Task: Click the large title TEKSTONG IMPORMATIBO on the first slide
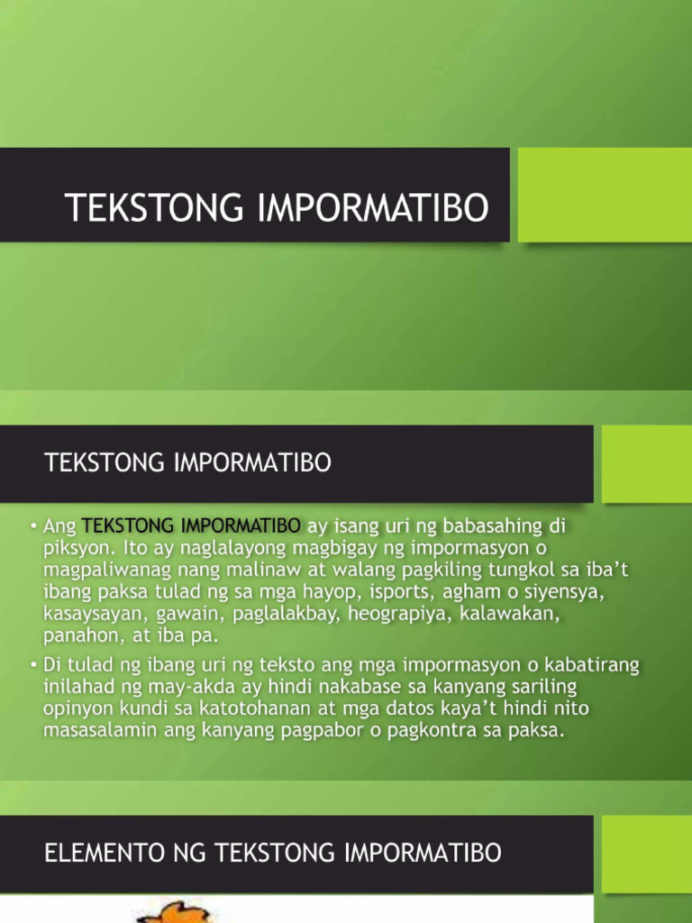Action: point(278,207)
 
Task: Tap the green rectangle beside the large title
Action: point(605,195)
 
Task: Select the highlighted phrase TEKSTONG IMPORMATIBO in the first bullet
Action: point(191,525)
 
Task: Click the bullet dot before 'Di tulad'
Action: point(32,665)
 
